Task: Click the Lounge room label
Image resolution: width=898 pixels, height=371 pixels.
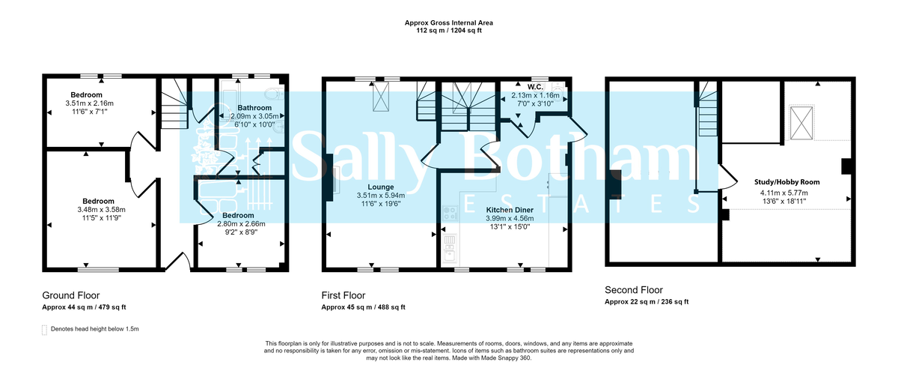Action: (381, 187)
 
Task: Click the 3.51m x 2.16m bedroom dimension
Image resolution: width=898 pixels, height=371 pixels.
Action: (88, 103)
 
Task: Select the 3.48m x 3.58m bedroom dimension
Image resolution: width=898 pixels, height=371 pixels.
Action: (98, 210)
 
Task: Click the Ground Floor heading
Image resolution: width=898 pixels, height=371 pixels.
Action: (70, 295)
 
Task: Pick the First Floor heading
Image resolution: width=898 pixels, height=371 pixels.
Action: (343, 295)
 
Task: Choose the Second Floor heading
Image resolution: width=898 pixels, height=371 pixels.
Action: (633, 290)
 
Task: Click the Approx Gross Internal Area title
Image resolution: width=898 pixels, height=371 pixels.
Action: (448, 23)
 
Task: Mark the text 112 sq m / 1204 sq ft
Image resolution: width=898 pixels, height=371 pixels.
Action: (448, 31)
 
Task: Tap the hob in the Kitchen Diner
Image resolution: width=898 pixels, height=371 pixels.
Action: (449, 213)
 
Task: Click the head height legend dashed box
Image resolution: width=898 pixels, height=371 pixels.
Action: (45, 329)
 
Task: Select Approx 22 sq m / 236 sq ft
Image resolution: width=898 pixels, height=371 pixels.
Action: (646, 302)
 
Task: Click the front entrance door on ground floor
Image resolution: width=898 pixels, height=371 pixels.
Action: (177, 262)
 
